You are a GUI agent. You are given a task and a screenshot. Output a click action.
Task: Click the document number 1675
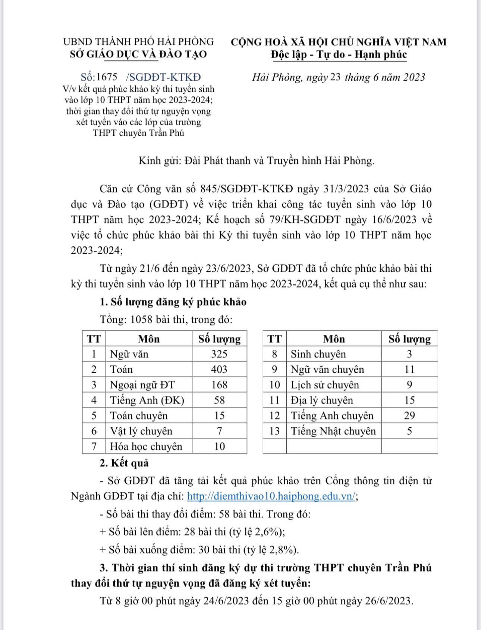pos(107,77)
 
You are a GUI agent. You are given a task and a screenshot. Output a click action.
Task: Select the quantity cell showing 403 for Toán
pos(219,369)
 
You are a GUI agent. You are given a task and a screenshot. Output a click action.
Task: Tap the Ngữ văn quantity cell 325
pos(219,354)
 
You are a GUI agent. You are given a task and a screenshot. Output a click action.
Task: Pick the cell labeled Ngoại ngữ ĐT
pos(142,384)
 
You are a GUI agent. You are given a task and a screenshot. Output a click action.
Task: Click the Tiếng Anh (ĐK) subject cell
pos(147,400)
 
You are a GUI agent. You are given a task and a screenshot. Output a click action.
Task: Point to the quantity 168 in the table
pos(219,384)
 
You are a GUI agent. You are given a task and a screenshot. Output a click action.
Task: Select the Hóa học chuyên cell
pos(146,446)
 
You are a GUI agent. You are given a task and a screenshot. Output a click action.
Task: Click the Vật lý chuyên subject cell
pos(141,431)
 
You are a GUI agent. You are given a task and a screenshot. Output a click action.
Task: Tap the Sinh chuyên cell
pos(318,354)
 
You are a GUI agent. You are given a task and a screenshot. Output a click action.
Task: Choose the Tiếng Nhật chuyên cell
pos(333,431)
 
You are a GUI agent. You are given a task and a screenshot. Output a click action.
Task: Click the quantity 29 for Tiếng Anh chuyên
pos(409,415)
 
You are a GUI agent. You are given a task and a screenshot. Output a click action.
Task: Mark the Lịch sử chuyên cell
pos(325,384)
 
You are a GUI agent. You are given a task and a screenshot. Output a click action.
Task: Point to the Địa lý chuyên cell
pos(322,400)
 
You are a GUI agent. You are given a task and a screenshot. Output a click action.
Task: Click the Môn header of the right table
pos(334,339)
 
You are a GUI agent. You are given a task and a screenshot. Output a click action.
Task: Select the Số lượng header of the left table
pos(219,339)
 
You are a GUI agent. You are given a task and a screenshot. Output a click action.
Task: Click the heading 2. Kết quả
pos(124,463)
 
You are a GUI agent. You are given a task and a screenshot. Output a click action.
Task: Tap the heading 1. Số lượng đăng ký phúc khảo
pos(173,302)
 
